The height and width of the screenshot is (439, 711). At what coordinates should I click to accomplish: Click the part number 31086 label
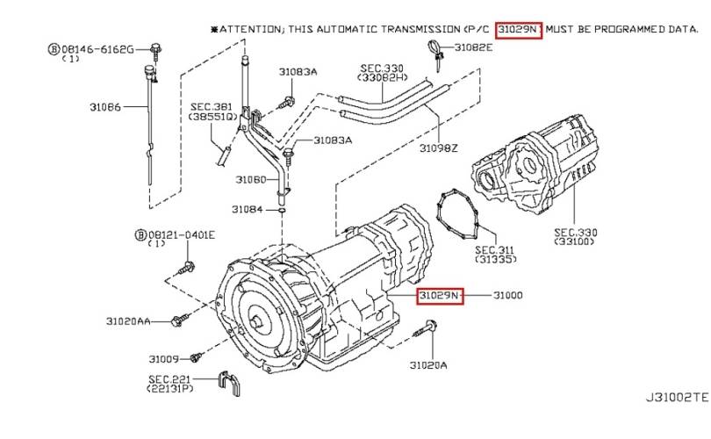tap(104, 108)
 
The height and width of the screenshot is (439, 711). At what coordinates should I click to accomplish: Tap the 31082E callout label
tap(475, 47)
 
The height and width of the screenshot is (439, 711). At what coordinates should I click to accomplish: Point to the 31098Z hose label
tap(438, 148)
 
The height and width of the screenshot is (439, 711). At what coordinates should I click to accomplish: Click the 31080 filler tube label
tap(250, 179)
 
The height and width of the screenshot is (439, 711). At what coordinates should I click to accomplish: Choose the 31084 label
tap(247, 209)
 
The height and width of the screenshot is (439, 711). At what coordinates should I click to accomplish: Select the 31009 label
tap(163, 358)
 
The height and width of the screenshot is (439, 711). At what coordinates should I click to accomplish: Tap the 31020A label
tap(428, 363)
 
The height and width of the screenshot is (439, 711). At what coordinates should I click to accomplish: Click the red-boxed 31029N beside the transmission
tap(439, 296)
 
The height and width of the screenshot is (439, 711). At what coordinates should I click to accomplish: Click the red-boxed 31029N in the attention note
tap(519, 29)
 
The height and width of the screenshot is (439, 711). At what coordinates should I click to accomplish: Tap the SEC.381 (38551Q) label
tap(213, 111)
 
